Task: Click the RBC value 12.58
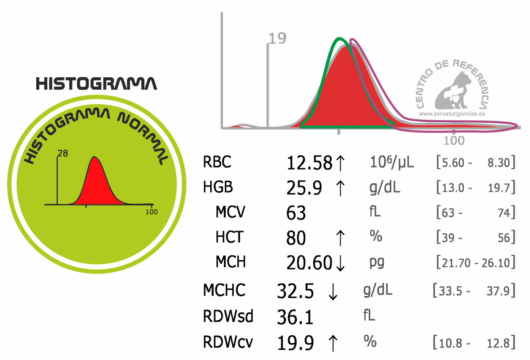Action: pyautogui.click(x=309, y=163)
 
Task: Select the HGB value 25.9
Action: pyautogui.click(x=305, y=188)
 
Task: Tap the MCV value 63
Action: pyautogui.click(x=296, y=213)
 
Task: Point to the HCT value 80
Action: pyautogui.click(x=296, y=238)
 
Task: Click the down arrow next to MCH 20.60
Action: pyautogui.click(x=340, y=263)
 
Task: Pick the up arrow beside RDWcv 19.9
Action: pyautogui.click(x=333, y=343)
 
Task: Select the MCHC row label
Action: pyautogui.click(x=224, y=291)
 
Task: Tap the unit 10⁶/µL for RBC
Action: pyautogui.click(x=391, y=163)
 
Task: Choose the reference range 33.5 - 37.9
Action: pyautogui.click(x=474, y=291)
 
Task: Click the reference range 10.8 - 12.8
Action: pyautogui.click(x=474, y=343)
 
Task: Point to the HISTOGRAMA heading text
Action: pyautogui.click(x=96, y=84)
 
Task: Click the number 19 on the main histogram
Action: pyautogui.click(x=277, y=39)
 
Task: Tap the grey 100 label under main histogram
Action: pyautogui.click(x=454, y=140)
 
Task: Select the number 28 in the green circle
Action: pyautogui.click(x=63, y=154)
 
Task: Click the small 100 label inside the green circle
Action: pyautogui.click(x=151, y=212)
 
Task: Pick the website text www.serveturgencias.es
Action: pyautogui.click(x=452, y=114)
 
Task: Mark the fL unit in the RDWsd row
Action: pyautogui.click(x=368, y=316)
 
